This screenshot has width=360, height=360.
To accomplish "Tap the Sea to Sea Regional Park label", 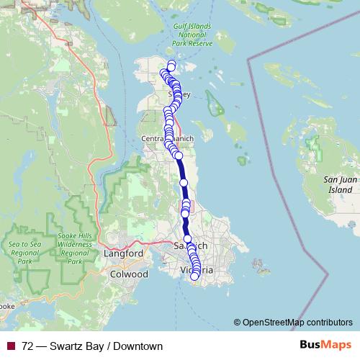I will pyautogui.click(x=24, y=248).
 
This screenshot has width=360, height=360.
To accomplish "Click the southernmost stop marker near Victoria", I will pyautogui.click(x=194, y=276).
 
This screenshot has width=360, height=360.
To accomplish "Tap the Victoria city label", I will pyautogui.click(x=196, y=270).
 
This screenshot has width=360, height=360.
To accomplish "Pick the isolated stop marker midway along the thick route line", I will pyautogui.click(x=184, y=183).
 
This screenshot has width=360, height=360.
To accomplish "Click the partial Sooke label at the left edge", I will pyautogui.click(x=7, y=306).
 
